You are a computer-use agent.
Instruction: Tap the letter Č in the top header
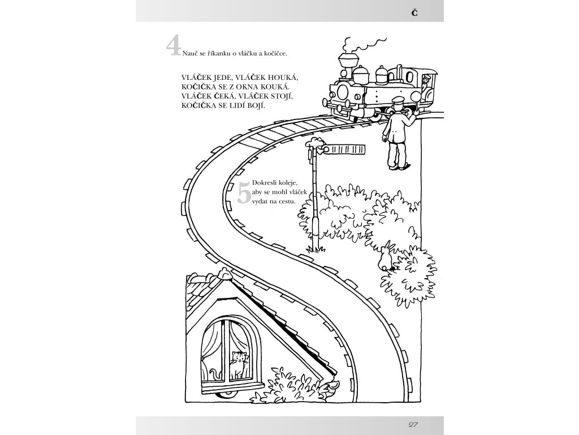click(414, 12)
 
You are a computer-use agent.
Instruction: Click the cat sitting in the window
click(239, 364)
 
